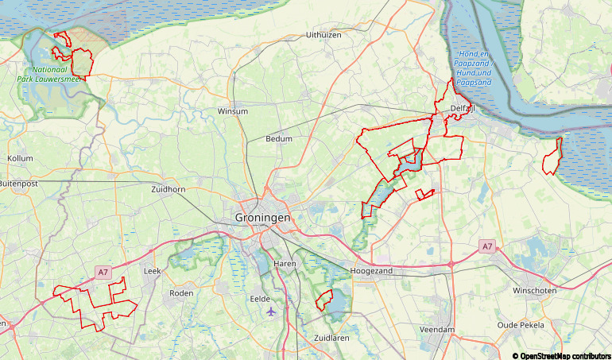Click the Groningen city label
pos(263,217)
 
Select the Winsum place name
pos(232,111)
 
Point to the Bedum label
pos(279,139)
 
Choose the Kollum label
pos(20,159)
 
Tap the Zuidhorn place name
pos(168,190)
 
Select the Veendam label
pos(437,329)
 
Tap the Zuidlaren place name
pos(333,338)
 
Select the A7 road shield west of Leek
pos(103,272)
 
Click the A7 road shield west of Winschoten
pos(486,247)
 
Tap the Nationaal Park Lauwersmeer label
pos(48,74)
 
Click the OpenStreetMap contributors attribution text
pos(561,354)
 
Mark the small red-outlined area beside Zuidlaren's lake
pos(323,300)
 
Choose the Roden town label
pos(182,293)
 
